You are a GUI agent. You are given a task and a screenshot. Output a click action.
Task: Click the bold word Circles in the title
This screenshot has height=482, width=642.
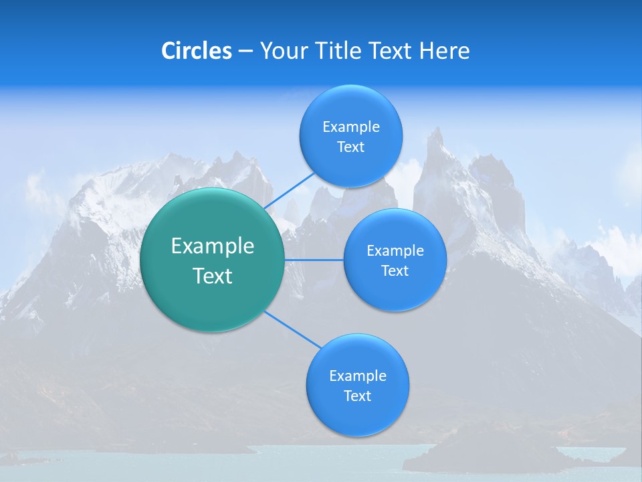[196, 51]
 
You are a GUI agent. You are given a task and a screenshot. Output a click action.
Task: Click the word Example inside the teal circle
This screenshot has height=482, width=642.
[213, 246]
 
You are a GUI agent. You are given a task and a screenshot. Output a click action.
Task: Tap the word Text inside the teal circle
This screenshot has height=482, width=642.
[213, 276]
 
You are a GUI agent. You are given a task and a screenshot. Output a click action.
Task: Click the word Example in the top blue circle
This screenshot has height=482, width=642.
[350, 127]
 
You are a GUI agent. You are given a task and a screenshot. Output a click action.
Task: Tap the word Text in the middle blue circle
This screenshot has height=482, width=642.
[395, 271]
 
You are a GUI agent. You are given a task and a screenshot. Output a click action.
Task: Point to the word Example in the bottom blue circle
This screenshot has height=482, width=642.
[357, 376]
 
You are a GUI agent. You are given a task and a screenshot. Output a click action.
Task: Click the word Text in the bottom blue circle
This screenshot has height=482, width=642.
[357, 396]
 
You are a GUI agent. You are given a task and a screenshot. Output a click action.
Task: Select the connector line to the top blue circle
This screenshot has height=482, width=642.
[289, 190]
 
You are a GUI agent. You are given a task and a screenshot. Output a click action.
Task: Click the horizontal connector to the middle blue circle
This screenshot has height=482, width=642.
[314, 260]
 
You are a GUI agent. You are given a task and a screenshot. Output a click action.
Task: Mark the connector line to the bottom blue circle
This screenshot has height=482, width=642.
[293, 329]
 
